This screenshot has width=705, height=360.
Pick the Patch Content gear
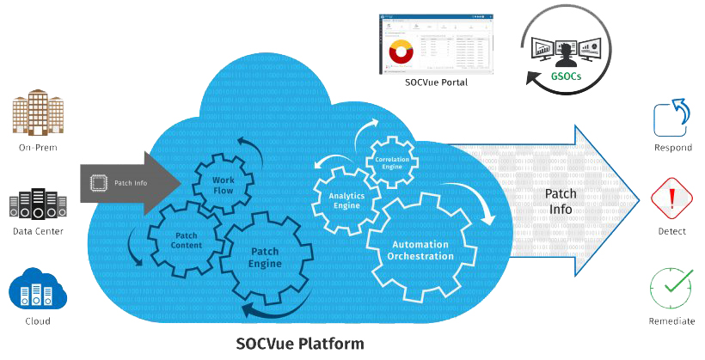[187, 240]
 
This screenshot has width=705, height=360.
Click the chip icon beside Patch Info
[98, 182]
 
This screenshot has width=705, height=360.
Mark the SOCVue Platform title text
[300, 344]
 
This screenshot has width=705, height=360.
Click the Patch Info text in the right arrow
[561, 203]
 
